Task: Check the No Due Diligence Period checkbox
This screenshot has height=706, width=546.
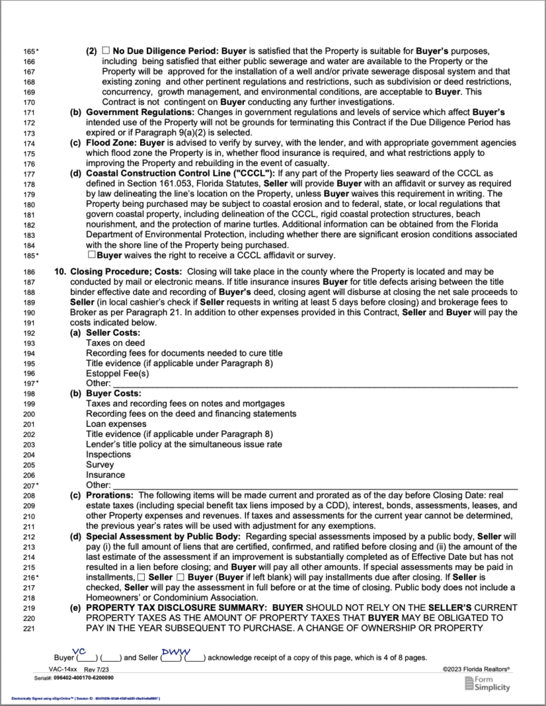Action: [x=106, y=51]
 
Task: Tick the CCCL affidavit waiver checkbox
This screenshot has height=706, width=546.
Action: [x=90, y=255]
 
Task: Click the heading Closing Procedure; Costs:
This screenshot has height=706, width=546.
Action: [x=118, y=272]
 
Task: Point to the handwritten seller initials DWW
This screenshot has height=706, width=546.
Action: [x=171, y=652]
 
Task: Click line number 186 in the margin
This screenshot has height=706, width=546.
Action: [x=28, y=273]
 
